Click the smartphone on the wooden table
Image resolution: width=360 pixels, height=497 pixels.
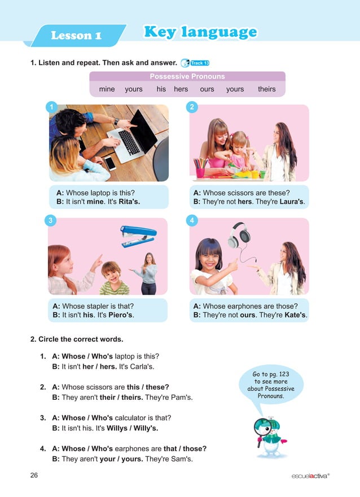(110, 163)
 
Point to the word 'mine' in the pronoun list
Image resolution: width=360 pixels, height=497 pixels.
(107, 89)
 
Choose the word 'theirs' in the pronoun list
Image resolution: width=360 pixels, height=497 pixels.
(266, 89)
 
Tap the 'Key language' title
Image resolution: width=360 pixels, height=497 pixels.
(200, 32)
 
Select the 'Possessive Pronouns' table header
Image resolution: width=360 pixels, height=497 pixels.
(187, 76)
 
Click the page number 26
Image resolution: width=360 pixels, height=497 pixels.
(34, 476)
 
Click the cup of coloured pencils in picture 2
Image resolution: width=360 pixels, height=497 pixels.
(200, 167)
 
